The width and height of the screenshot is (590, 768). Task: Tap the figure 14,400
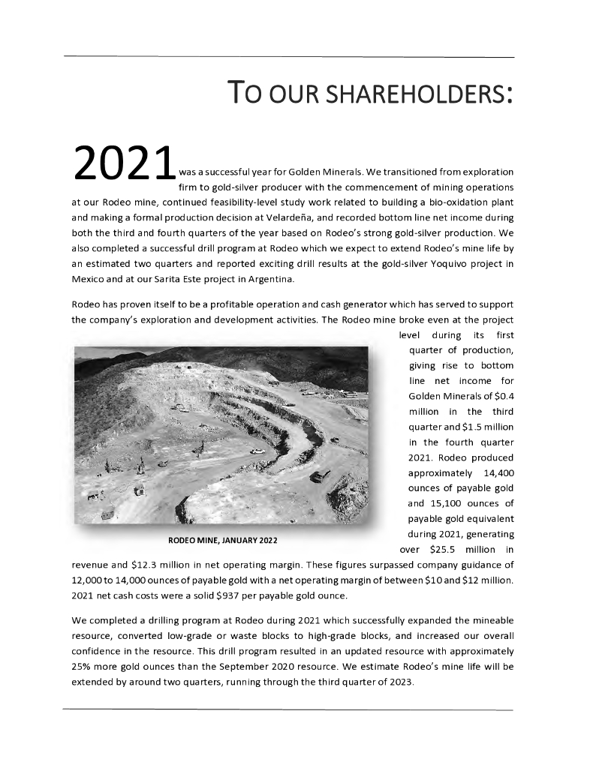[494, 472]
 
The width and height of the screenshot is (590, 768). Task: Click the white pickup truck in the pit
[257, 451]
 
